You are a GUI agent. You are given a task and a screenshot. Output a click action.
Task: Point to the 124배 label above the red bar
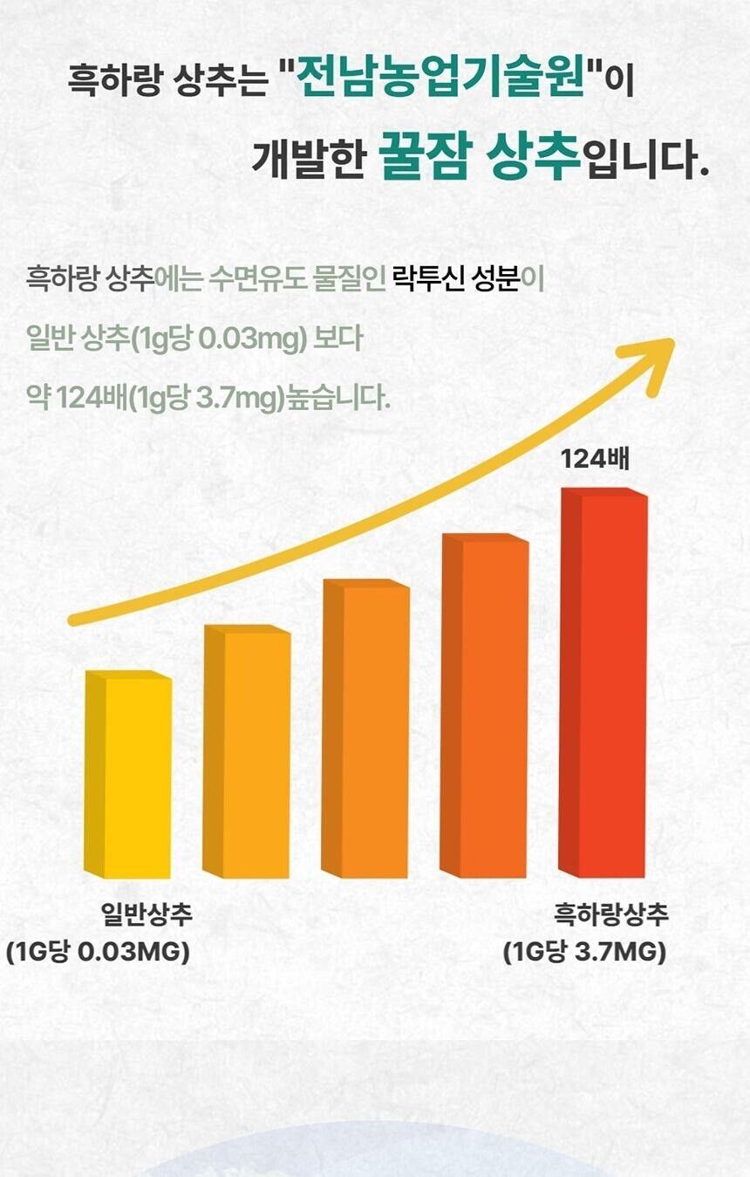point(595,458)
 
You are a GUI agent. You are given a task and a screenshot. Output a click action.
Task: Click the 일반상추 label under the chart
point(147,914)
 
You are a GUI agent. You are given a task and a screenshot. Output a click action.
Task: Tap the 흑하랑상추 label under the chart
point(611,914)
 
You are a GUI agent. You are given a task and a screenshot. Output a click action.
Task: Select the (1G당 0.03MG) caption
point(98,952)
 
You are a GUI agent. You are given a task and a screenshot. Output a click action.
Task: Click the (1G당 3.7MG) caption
point(585,952)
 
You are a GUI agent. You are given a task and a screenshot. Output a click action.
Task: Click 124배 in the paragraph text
point(88,399)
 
